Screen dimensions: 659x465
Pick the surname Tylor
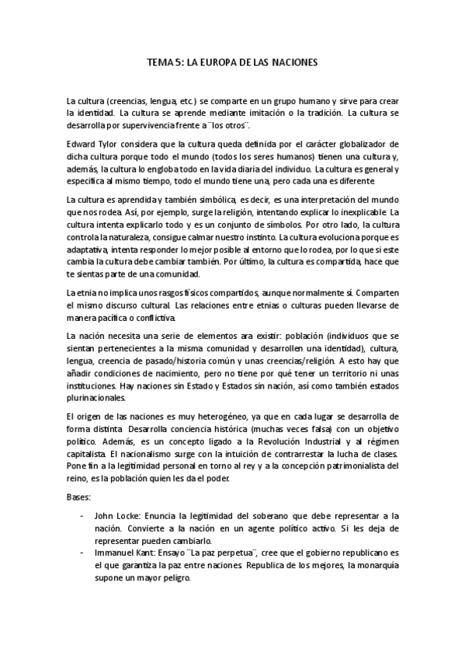112,145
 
